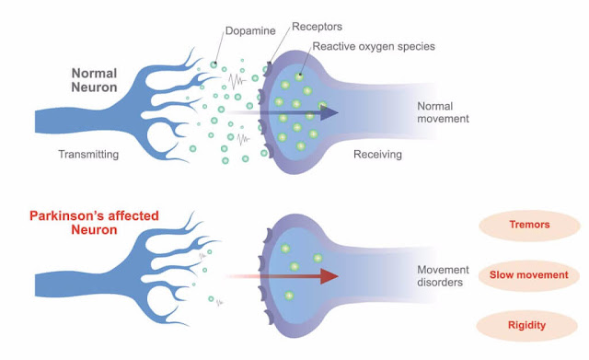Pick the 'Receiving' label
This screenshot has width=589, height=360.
pyautogui.click(x=378, y=155)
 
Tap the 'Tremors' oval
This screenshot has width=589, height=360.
pyautogui.click(x=529, y=226)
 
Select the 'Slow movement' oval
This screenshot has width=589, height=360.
pyautogui.click(x=529, y=275)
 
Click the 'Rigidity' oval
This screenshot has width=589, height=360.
pyautogui.click(x=529, y=325)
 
